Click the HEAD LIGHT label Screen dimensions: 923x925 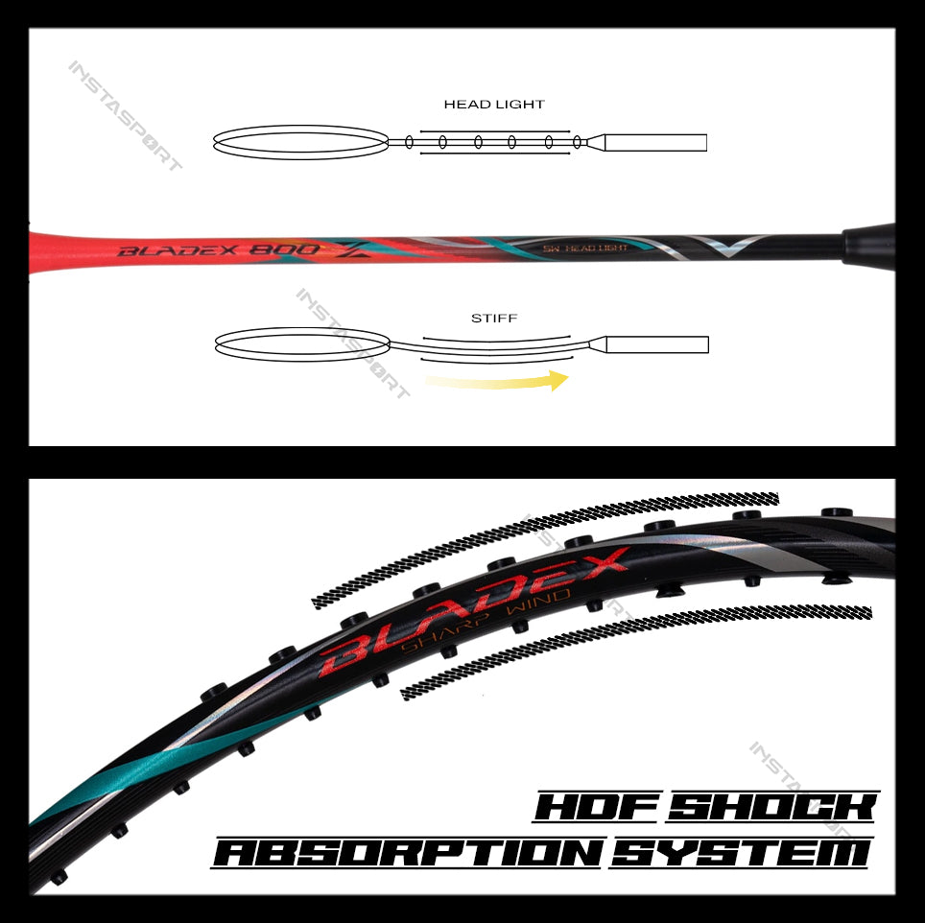point(494,104)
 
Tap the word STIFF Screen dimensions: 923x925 point(494,318)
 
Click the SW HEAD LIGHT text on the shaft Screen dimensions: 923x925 point(585,248)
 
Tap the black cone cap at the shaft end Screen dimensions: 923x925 point(868,246)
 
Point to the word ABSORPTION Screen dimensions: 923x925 point(408,852)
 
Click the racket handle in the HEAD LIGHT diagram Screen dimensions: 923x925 point(657,142)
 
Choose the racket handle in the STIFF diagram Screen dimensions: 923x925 point(658,343)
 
